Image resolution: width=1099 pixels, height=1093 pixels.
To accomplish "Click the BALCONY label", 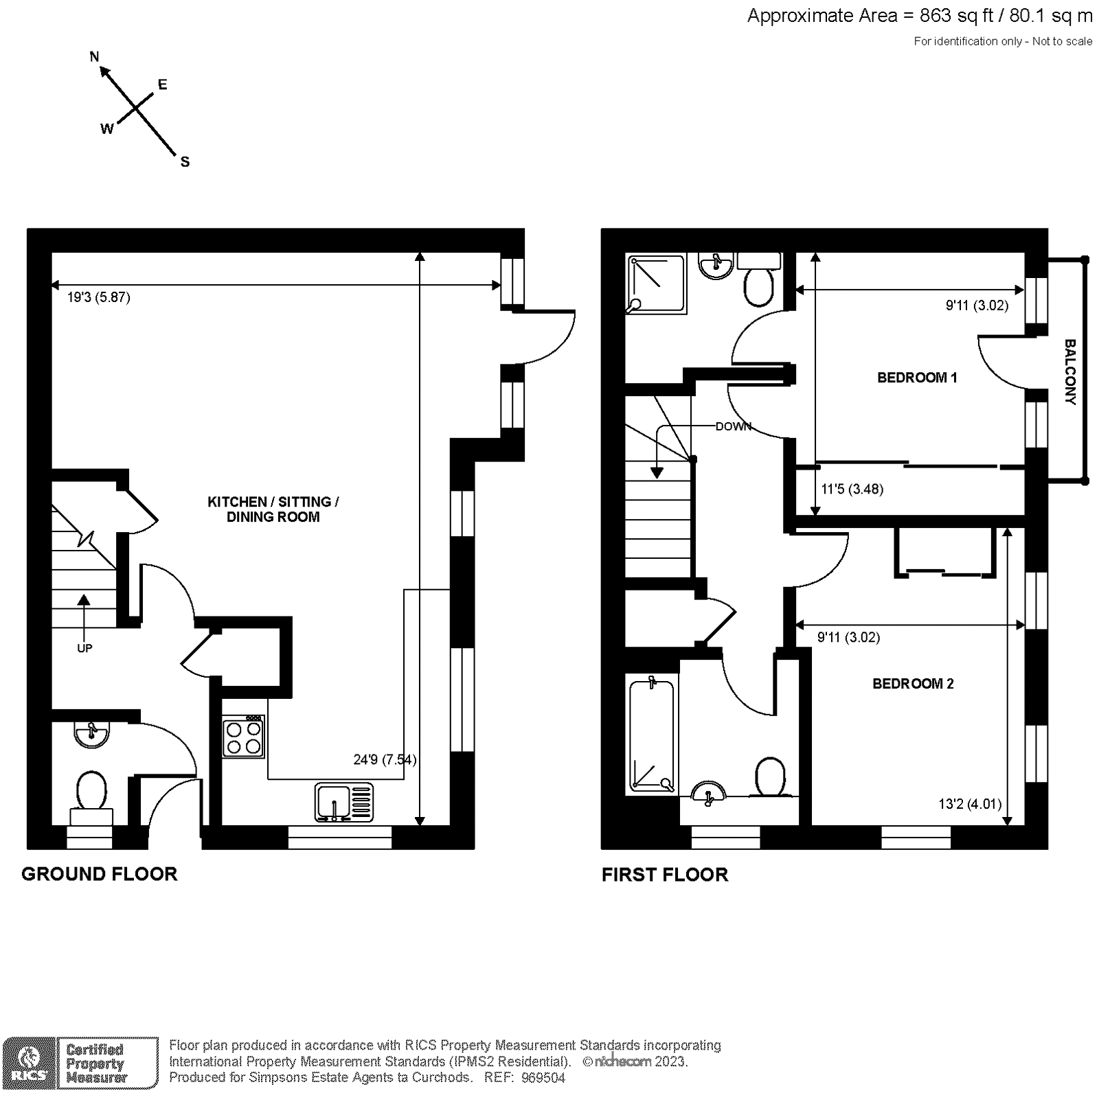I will click(x=1069, y=371).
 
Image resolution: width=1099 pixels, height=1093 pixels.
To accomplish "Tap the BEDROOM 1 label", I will click(x=917, y=378).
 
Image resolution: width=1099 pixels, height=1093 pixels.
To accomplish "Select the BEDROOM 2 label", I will click(x=913, y=684).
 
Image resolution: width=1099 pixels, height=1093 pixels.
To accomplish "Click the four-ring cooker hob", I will click(x=243, y=737).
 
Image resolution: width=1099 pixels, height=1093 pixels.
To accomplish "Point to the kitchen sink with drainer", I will click(x=345, y=802).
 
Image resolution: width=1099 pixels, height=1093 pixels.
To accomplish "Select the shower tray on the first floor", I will click(x=655, y=284).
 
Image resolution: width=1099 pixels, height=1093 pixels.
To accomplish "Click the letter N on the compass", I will click(x=95, y=56).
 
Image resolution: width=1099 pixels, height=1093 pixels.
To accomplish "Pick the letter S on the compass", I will click(x=185, y=162).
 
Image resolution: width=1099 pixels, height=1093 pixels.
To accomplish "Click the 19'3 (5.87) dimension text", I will click(x=98, y=297).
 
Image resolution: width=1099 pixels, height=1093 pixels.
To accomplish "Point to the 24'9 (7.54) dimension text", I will click(x=385, y=759).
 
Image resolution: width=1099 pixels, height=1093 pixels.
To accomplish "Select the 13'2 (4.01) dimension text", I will click(x=970, y=804).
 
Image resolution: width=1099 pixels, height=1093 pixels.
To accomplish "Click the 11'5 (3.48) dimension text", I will click(x=852, y=490).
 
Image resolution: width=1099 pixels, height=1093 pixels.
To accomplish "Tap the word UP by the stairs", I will click(x=84, y=648).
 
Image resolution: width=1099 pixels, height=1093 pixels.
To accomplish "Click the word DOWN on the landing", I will click(x=733, y=426).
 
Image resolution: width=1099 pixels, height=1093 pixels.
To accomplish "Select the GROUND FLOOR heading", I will click(x=100, y=874).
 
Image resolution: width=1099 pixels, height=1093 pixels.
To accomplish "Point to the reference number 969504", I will click(x=543, y=1078).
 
